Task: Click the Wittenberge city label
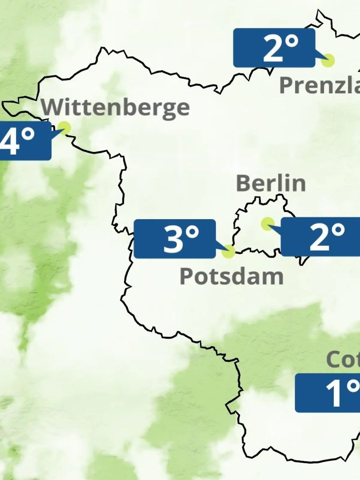point(115,107)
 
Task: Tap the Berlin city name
point(271,183)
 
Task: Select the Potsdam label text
point(231,276)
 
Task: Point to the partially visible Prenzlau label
point(319,85)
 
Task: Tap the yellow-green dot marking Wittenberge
point(64,128)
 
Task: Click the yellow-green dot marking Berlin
point(267,223)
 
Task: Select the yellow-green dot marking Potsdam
point(228,251)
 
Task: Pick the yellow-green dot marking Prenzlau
point(328,60)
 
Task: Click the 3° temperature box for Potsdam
point(175,239)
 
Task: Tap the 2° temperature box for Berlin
point(320,237)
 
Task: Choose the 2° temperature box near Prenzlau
point(274,48)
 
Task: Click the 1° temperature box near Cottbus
point(328,393)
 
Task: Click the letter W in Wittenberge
point(51,107)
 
